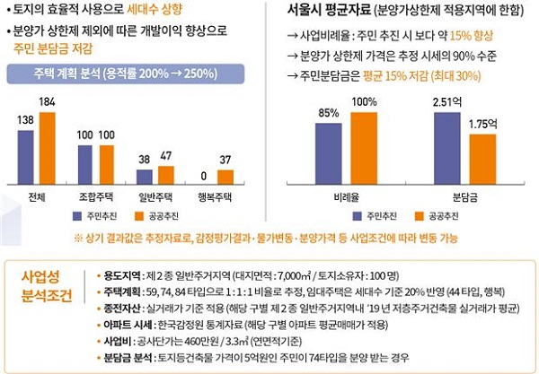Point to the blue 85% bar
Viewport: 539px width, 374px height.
(x=330, y=152)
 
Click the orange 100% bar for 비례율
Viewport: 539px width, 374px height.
(x=363, y=147)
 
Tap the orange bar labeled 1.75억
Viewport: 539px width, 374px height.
(x=482, y=160)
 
